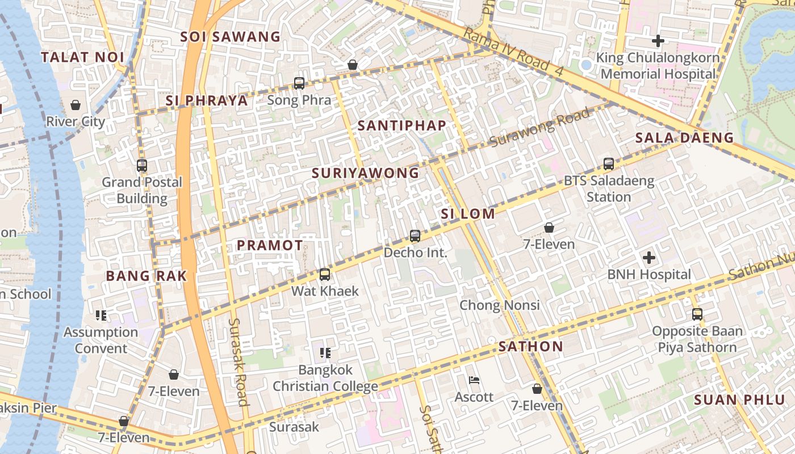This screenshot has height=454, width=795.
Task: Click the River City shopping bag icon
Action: click(75, 105)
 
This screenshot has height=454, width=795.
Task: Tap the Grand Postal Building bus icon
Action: click(142, 166)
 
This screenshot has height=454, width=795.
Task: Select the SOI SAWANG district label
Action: click(231, 37)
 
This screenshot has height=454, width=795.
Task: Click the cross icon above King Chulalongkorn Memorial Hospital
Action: click(658, 41)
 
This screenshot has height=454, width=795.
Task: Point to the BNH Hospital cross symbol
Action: click(649, 258)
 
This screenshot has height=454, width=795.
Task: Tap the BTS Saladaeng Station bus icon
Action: click(609, 164)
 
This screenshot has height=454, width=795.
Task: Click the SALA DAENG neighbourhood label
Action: click(684, 137)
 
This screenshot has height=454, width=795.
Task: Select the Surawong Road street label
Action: click(539, 127)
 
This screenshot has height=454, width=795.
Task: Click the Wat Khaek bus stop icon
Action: click(325, 275)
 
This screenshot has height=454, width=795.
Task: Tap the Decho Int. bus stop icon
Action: click(415, 236)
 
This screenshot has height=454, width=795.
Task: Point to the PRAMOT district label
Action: click(270, 245)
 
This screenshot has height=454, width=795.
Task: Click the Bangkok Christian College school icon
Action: click(325, 353)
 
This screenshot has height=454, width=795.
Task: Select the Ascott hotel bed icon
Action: click(474, 380)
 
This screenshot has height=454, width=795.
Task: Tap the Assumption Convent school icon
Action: click(101, 316)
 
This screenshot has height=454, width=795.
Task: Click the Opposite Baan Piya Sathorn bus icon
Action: click(697, 314)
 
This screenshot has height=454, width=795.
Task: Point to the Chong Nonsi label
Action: click(499, 305)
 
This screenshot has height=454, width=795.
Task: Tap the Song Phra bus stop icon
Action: click(299, 83)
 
